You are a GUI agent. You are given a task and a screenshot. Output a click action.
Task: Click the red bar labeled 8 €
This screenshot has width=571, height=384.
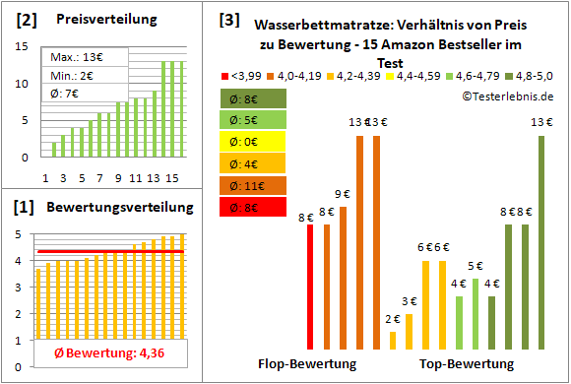310,287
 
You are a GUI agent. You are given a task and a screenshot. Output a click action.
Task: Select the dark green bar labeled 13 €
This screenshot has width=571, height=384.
539,242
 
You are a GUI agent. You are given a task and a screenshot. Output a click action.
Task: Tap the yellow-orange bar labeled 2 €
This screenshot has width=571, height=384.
393,340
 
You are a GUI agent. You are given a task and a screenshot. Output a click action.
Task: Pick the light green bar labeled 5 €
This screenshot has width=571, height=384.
475,313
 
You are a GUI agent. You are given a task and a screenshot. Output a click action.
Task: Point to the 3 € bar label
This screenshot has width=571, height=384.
409,301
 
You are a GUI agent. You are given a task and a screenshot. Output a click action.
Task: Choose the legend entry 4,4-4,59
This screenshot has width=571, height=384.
412,75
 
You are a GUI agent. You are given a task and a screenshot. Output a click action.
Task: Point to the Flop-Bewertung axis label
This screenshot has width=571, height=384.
306,364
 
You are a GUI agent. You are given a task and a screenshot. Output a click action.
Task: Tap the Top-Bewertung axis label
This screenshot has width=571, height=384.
467,364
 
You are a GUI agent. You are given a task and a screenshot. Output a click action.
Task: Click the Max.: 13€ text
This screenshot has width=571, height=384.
73,58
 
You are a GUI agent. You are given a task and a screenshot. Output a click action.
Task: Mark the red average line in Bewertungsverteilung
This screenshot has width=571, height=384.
108,252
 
